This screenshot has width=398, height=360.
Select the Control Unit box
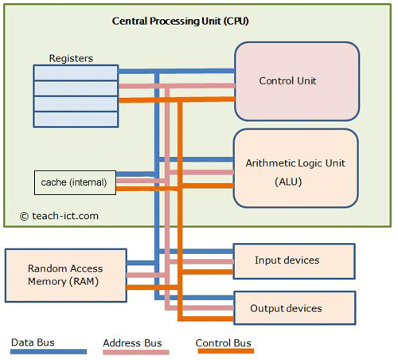295,80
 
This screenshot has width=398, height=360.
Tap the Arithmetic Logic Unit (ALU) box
295,169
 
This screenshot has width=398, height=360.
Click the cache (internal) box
75,182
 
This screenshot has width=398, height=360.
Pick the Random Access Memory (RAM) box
65,274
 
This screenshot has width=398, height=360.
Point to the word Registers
71,58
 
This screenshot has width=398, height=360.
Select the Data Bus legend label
33,342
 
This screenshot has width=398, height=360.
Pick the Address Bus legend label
132,343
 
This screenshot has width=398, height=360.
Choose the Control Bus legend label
224,343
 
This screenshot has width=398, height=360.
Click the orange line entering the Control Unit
207,100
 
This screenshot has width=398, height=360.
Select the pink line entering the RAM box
143,275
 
